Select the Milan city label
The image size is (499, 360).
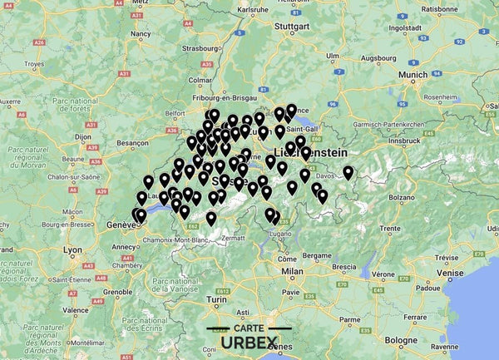coord(292,271)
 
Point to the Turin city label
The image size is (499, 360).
coord(217,298)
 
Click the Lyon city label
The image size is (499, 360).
coord(73,249)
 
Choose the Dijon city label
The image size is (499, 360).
coord(82,135)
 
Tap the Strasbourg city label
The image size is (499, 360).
coord(196,48)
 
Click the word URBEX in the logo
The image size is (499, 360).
coord(249,343)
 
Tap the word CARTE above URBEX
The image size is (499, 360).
coord(249,328)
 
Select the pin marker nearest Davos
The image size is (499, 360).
coord(348,173)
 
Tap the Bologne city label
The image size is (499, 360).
coord(403,340)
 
